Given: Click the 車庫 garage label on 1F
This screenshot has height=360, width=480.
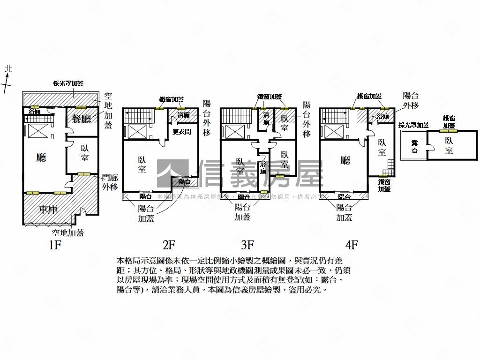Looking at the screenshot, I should [x=49, y=209].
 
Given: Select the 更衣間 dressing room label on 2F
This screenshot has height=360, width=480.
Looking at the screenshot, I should [x=182, y=132].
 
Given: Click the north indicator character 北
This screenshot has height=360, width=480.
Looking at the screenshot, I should [x=8, y=69].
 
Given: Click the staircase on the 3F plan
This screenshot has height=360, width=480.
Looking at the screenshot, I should [x=231, y=116].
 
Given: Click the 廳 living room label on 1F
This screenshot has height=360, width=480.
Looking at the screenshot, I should [x=41, y=157].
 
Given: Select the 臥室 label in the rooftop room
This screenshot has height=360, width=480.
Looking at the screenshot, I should [x=450, y=145].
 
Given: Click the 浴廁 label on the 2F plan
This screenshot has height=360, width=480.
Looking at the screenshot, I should [x=183, y=115].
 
